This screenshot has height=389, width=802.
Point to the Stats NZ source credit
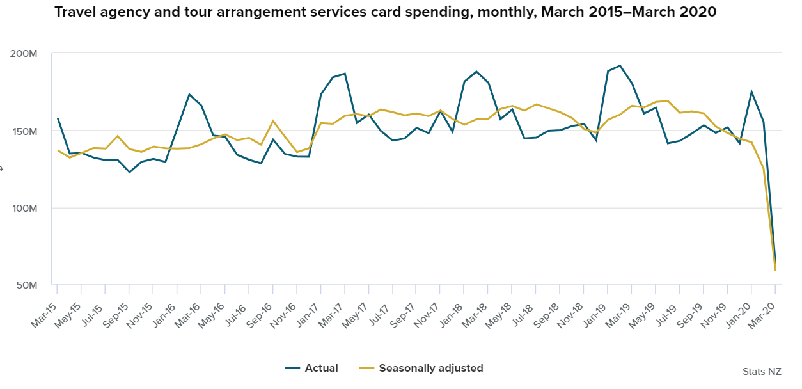762,372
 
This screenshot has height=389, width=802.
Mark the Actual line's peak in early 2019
620,65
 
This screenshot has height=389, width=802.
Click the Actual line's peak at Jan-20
751,91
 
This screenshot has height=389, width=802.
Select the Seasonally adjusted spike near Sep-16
273,120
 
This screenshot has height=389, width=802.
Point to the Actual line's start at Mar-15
58,118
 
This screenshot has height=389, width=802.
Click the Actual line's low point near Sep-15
130,172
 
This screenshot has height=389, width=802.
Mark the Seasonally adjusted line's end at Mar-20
775,270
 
